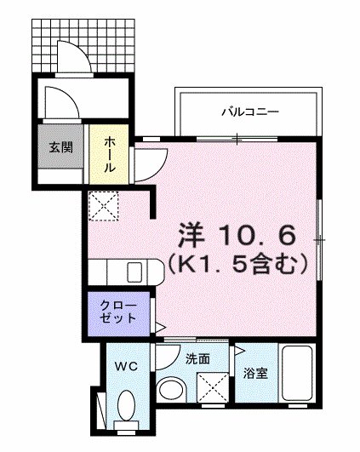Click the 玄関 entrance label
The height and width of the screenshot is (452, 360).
[x=60, y=147]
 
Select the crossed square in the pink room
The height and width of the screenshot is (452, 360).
[x=104, y=204]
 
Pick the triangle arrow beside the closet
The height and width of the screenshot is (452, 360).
[x=158, y=326]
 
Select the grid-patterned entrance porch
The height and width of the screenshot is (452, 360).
[x=85, y=43]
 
